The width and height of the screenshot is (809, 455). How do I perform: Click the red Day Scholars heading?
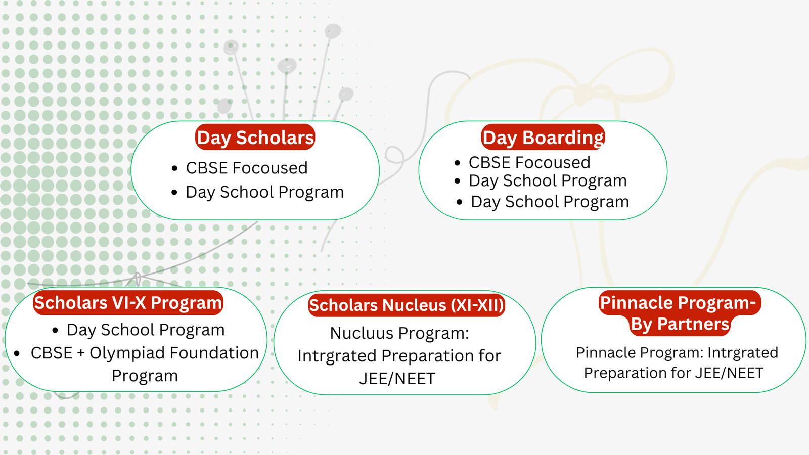(x=255, y=137)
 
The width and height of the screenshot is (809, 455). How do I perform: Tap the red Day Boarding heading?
(x=543, y=137)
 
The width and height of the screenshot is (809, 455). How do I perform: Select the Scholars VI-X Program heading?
(x=128, y=303)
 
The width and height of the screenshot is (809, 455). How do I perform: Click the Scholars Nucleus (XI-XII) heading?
(x=407, y=305)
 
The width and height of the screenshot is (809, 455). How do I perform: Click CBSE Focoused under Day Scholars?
(x=247, y=168)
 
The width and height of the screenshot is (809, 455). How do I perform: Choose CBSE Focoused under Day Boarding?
(x=529, y=162)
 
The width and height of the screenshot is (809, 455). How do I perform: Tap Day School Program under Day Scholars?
(x=265, y=192)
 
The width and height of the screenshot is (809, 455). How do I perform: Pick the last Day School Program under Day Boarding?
(x=550, y=202)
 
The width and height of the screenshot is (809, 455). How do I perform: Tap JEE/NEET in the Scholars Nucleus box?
(x=397, y=379)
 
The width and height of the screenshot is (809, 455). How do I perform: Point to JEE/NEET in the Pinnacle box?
(x=729, y=373)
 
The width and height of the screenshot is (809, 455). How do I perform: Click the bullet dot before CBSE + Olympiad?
(x=17, y=353)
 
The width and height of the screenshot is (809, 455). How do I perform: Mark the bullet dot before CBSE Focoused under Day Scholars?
(x=175, y=168)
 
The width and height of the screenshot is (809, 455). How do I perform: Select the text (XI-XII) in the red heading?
(x=477, y=305)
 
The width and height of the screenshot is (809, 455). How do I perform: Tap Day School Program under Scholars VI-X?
(x=146, y=330)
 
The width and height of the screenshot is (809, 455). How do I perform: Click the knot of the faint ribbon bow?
(x=582, y=95)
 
